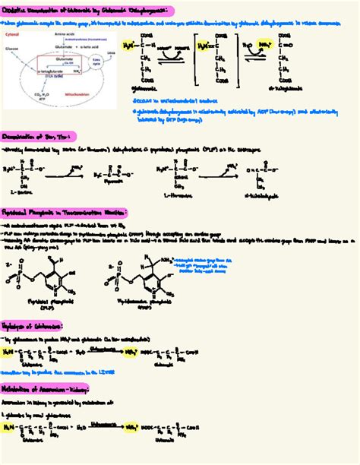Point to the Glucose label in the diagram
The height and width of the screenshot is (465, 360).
(14, 47)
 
